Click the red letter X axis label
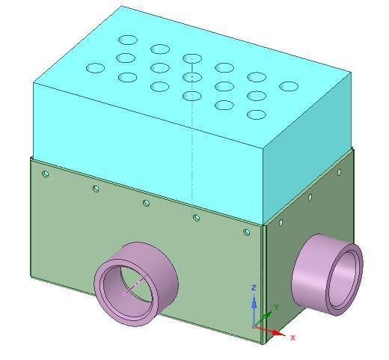(292, 338)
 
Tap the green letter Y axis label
(276, 307)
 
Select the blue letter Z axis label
(254, 288)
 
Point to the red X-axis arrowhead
(279, 333)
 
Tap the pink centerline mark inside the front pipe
(133, 287)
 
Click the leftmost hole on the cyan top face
(95, 68)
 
